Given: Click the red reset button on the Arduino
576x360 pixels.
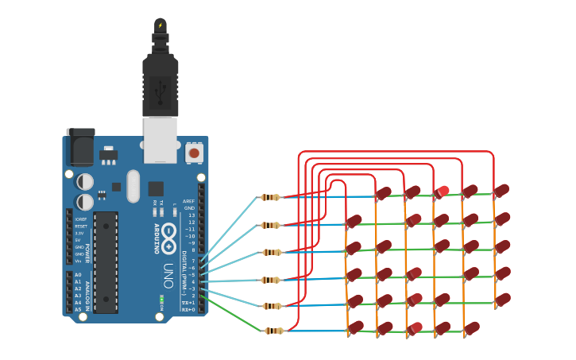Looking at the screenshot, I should coord(193,152).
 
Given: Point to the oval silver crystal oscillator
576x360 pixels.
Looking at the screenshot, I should coord(133,186).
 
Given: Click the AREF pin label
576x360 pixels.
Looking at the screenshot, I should coord(188,201).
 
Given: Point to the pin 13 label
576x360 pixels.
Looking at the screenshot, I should coord(190,215).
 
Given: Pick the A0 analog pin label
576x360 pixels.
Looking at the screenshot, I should coord(78,274).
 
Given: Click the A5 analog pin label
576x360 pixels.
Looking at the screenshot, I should coord(78,309).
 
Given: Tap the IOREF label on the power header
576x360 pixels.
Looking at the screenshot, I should coord(79,218).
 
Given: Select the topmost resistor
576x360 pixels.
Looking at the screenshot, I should coord(270,197).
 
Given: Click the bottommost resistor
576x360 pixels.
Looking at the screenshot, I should coord(272,331).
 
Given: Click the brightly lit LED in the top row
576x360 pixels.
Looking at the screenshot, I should coord(442,191).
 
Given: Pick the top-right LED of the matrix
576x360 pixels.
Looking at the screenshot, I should coord(501,191).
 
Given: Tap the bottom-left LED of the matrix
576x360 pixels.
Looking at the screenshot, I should coord(355,327).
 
